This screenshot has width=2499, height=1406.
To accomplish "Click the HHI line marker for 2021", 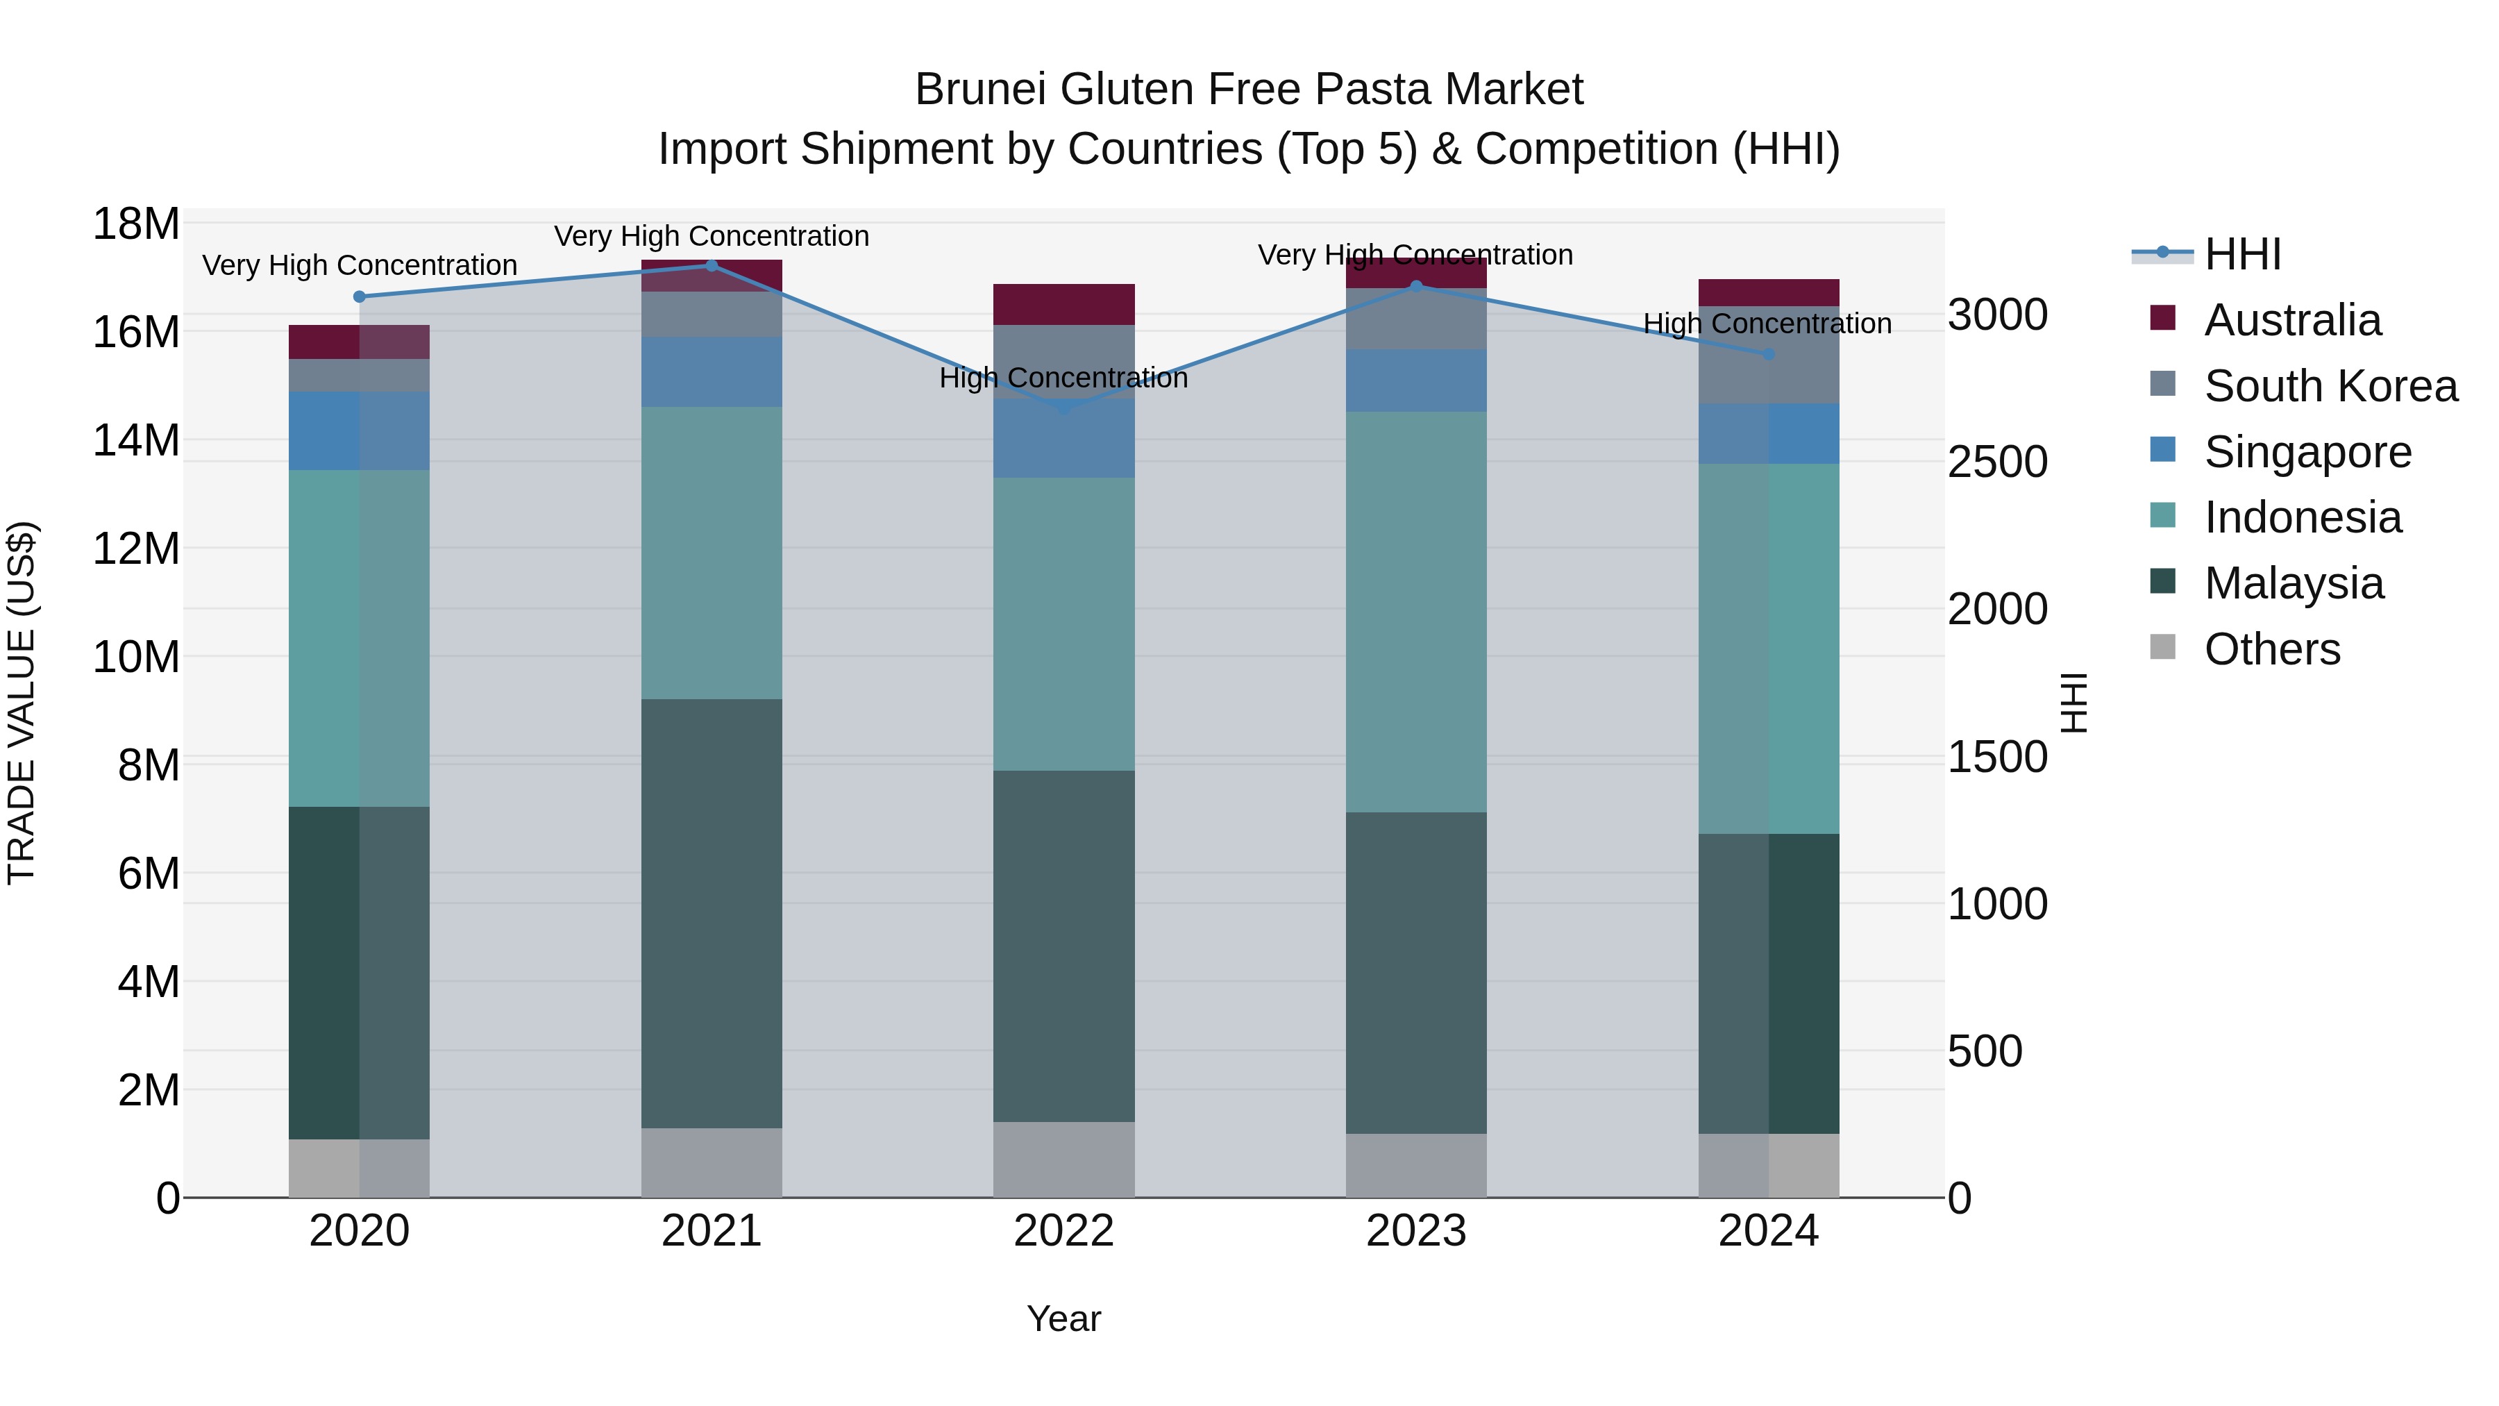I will pos(711,266).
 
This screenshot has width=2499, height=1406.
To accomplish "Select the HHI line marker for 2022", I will pos(1064,408).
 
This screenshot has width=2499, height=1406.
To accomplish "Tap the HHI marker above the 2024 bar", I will pos(1769,355).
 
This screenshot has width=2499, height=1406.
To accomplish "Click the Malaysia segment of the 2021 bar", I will pos(711,912).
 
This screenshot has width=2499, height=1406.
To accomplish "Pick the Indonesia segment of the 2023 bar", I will pos(1416,611).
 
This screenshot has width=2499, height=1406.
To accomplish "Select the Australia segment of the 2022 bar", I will pos(1064,305).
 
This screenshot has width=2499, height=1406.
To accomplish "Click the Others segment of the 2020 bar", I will pos(359,1169).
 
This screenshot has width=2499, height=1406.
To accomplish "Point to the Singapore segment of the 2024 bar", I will pos(1769,434).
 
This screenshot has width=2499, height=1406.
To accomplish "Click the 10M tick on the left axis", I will pos(136,657).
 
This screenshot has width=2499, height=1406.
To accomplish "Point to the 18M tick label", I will pos(136,224).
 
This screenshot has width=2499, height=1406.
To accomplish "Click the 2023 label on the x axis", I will pos(1416,1231).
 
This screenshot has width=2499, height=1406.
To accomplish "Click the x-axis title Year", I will pos(1064,1319).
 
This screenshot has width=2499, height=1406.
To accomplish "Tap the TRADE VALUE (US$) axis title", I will pos(22,703).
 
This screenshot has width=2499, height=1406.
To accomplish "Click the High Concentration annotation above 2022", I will pos(1064,378).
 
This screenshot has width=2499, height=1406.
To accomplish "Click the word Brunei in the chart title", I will pos(979,90).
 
